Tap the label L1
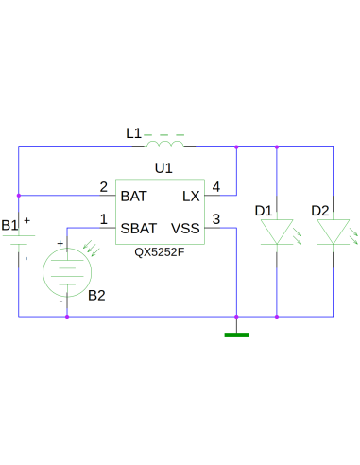(133, 133)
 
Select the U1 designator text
(163, 167)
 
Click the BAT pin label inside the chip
(134, 197)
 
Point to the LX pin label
(191, 197)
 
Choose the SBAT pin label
(138, 229)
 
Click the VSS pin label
(185, 229)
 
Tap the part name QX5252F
(159, 252)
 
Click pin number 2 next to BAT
(103, 186)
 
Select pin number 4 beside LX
(217, 186)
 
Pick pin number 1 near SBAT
(103, 219)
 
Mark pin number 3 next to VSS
(217, 219)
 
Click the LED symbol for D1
(276, 232)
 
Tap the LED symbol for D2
(333, 232)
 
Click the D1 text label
(264, 210)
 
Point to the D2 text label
(320, 210)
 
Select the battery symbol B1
(19, 243)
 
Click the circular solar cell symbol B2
(67, 272)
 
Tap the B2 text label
(96, 295)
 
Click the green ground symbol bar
(236, 334)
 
